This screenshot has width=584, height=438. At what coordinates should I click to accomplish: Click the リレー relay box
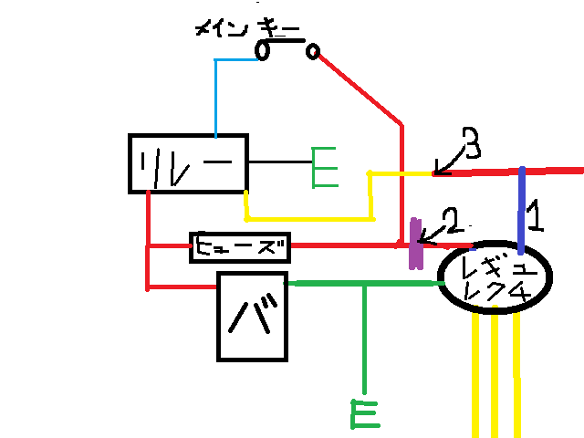click(187, 163)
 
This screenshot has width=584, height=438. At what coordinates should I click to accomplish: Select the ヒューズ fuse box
click(240, 246)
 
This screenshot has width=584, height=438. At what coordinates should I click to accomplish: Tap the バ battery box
click(252, 316)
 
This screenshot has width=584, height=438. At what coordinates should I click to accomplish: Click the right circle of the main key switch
click(313, 51)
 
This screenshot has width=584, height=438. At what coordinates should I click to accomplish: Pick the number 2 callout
click(451, 220)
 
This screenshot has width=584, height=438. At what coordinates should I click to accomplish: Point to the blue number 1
click(536, 217)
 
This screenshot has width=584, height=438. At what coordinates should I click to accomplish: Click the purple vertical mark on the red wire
click(416, 244)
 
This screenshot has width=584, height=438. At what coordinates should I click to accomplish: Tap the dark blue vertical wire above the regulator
click(521, 210)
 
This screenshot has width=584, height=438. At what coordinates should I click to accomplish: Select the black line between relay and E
click(279, 163)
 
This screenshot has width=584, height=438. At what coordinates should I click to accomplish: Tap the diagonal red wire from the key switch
click(360, 88)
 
